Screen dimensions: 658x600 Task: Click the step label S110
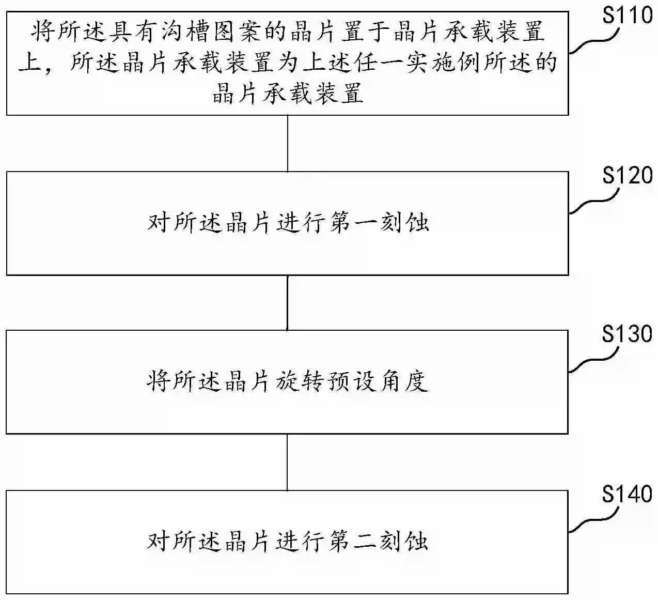coord(628,16)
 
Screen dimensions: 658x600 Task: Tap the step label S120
coord(628,175)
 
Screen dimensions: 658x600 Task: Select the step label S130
coord(627,334)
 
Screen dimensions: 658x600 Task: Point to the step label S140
coord(627,494)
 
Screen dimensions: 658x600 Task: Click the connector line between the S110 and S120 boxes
coord(288,144)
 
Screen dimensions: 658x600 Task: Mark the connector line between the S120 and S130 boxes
coord(287,303)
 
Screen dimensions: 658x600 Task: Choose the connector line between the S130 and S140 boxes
coord(287,463)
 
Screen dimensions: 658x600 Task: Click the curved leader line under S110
coord(594,41)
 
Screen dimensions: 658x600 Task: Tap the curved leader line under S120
coord(594,201)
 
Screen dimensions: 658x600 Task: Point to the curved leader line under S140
coord(593,520)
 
